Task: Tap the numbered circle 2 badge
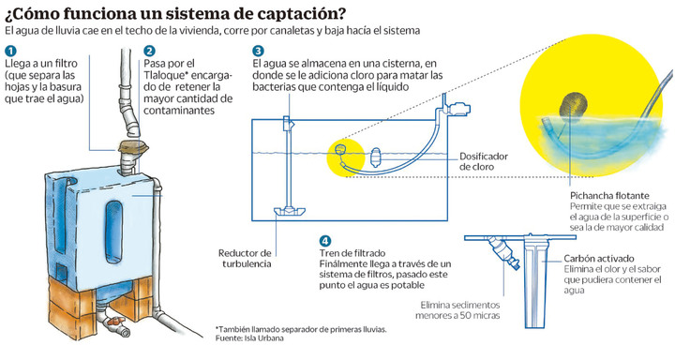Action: (x=150, y=51)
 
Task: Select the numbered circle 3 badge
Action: (x=258, y=51)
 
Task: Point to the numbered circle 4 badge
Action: (x=325, y=241)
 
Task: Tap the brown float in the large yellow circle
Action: (x=574, y=107)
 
